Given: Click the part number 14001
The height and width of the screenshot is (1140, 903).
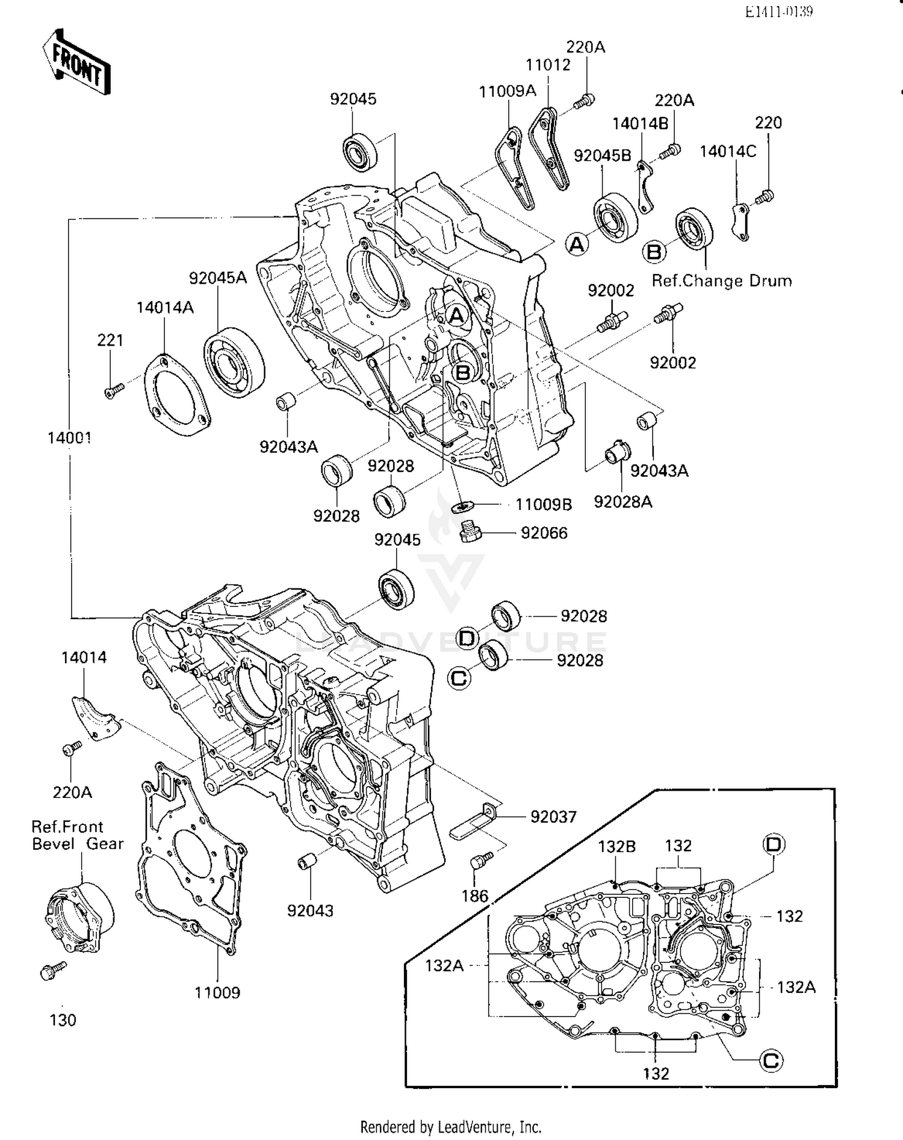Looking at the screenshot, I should pyautogui.click(x=69, y=438).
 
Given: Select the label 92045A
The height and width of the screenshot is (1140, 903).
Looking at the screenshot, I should pyautogui.click(x=217, y=278).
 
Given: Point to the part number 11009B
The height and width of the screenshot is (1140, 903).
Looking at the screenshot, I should pyautogui.click(x=543, y=505).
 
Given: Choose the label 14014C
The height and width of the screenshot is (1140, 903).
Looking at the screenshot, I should pyautogui.click(x=727, y=151).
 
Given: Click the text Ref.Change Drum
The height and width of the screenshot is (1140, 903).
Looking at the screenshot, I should pyautogui.click(x=721, y=281).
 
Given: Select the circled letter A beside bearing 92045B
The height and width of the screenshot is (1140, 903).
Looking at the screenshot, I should pyautogui.click(x=577, y=245).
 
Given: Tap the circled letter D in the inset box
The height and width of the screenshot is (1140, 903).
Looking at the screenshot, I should pyautogui.click(x=774, y=844).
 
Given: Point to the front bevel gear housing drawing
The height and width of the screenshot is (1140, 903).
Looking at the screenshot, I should pyautogui.click(x=79, y=917).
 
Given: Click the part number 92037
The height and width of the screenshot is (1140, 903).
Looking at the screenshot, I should pyautogui.click(x=553, y=817).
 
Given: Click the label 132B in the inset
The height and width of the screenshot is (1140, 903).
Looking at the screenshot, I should pyautogui.click(x=616, y=847).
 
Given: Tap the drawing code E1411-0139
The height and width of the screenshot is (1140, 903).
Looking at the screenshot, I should pyautogui.click(x=778, y=11).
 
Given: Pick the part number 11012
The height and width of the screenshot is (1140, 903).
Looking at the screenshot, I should pyautogui.click(x=548, y=65).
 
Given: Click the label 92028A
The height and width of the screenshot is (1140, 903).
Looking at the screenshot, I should pyautogui.click(x=622, y=502).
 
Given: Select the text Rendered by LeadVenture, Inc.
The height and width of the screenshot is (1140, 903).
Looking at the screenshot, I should pyautogui.click(x=451, y=1126).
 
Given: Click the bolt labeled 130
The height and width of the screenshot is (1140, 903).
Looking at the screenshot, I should pyautogui.click(x=51, y=970).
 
